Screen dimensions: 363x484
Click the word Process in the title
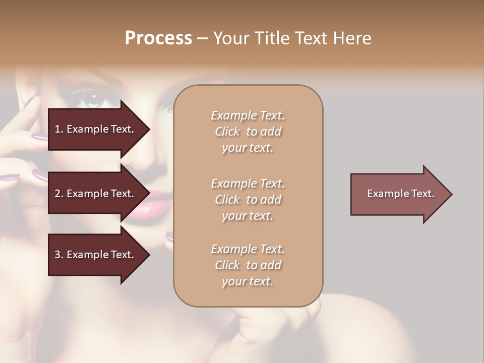tap(158, 38)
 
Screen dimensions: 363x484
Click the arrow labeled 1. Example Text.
tap(96, 129)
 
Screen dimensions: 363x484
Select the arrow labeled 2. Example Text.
tap(96, 194)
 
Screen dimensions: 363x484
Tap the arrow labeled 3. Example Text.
tap(96, 255)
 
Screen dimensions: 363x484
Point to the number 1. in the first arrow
tap(58, 129)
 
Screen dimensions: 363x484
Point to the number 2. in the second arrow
tap(58, 194)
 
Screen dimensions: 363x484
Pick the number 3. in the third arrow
tap(58, 255)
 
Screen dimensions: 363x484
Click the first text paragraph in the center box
tap(248, 132)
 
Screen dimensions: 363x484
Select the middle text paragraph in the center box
tap(248, 200)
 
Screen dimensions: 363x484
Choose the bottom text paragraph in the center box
tap(248, 265)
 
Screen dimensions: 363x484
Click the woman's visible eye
tap(93, 97)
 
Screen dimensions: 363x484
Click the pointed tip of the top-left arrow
tap(149, 130)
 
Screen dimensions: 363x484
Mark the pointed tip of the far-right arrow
tap(452, 194)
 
